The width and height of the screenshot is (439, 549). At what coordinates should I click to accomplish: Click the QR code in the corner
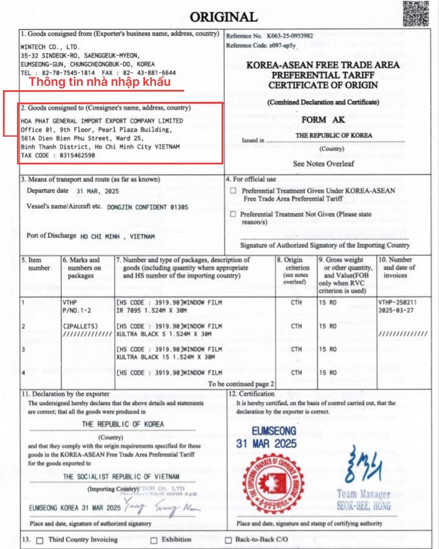416,14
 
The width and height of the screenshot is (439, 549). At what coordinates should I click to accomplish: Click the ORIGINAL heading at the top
224,17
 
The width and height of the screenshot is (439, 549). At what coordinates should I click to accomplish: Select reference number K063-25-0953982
290,36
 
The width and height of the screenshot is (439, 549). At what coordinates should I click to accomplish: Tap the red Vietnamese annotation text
100,82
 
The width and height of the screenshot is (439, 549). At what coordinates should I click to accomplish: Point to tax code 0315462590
77,155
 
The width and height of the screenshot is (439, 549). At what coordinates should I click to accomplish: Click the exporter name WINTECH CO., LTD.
50,47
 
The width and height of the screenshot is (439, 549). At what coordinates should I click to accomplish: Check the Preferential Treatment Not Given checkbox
233,214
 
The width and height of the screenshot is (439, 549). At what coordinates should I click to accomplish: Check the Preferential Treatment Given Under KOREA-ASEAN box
233,190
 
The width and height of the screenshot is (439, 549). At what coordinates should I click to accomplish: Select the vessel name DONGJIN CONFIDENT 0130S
148,207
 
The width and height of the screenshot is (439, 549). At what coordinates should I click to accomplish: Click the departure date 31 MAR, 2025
98,191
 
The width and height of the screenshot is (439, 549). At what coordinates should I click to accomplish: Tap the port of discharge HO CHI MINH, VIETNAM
117,236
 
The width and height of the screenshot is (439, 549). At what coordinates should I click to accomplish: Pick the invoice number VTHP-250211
397,302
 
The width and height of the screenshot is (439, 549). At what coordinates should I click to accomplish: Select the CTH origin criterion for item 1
296,302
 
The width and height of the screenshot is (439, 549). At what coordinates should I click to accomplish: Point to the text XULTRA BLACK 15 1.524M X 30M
165,357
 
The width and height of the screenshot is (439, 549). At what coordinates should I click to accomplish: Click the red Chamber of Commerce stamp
273,483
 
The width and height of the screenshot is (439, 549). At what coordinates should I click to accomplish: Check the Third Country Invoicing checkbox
40,540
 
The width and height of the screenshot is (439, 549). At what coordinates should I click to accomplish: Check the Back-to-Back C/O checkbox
228,540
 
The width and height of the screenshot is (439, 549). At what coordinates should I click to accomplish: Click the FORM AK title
323,120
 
